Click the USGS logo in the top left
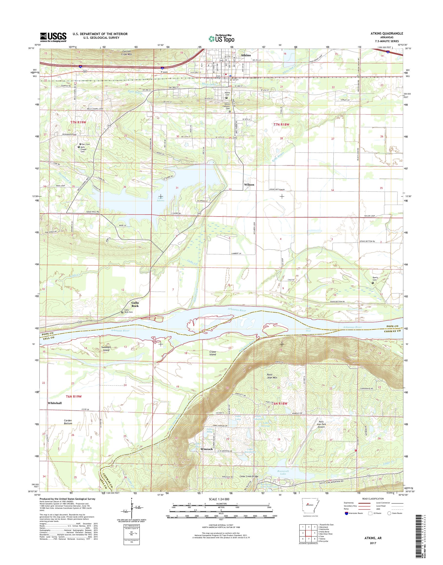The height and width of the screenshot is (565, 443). pyautogui.click(x=53, y=37)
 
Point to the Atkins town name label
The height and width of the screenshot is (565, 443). pyautogui.click(x=245, y=55)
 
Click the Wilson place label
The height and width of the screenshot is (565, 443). pyautogui.click(x=249, y=185)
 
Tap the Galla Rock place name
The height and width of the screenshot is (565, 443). pyautogui.click(x=135, y=304)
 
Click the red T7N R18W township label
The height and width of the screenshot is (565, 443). pyautogui.click(x=281, y=125)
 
